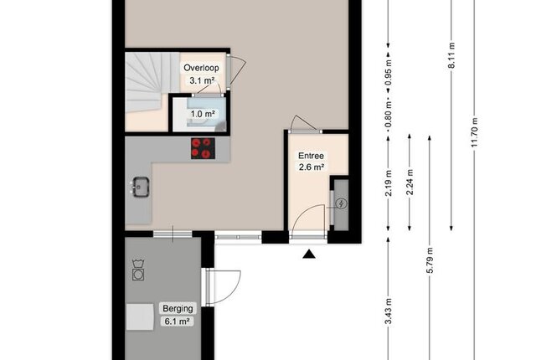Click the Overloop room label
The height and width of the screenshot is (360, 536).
click(201, 68)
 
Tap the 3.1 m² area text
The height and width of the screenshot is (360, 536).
click(202, 80)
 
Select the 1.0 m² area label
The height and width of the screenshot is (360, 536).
click(203, 114)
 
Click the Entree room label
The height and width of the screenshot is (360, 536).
click(311, 156)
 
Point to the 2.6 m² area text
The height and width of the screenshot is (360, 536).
click(312, 167)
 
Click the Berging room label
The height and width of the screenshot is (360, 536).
click(178, 308)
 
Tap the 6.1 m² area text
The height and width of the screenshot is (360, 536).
click(177, 321)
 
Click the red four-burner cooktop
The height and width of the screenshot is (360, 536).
click(203, 148)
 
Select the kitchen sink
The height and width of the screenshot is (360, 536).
click(140, 187)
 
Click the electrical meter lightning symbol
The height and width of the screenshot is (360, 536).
click(341, 204)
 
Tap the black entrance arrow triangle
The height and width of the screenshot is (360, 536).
click(309, 254)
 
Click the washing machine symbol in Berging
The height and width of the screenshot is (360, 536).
click(138, 270)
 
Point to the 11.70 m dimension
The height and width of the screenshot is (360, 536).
click(474, 132)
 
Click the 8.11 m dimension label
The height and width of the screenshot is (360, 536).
click(451, 55)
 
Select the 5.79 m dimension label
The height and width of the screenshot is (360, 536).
click(430, 260)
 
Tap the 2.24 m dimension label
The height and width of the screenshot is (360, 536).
click(410, 182)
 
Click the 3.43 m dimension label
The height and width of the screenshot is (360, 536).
click(389, 311)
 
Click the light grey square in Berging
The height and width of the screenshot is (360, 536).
click(140, 317)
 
